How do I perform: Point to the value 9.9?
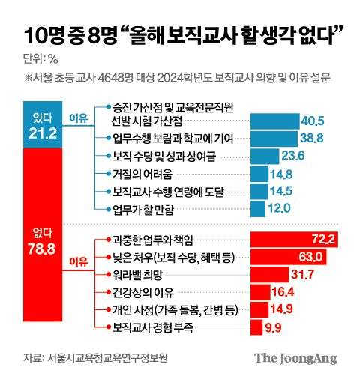tap(274, 327)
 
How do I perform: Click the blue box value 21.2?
tap(40, 133)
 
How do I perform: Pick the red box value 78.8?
tap(40, 249)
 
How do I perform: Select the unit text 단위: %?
tap(46, 58)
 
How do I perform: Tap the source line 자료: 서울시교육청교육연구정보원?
tap(94, 358)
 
